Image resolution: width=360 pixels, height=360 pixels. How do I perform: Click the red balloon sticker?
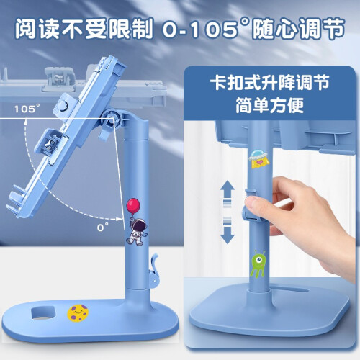point(133,206)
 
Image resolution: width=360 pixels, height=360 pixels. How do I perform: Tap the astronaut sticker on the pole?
point(137,231)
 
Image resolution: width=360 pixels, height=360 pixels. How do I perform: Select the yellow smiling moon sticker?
point(78,313)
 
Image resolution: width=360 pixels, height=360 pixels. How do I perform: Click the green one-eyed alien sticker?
point(258,264)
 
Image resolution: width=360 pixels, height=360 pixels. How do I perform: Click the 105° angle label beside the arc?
point(27,109)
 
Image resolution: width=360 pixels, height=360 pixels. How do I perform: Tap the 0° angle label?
point(103,227)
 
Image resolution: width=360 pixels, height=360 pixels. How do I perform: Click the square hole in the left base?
point(44,312)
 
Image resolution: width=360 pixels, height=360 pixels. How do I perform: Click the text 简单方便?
point(269,105)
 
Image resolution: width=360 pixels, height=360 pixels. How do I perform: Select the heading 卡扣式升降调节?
point(269,83)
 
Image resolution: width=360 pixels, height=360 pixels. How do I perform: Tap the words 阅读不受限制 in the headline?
point(84,30)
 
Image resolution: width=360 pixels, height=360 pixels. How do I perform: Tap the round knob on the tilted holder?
point(63,106)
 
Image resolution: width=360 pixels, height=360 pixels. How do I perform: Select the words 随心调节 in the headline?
point(299,30)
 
